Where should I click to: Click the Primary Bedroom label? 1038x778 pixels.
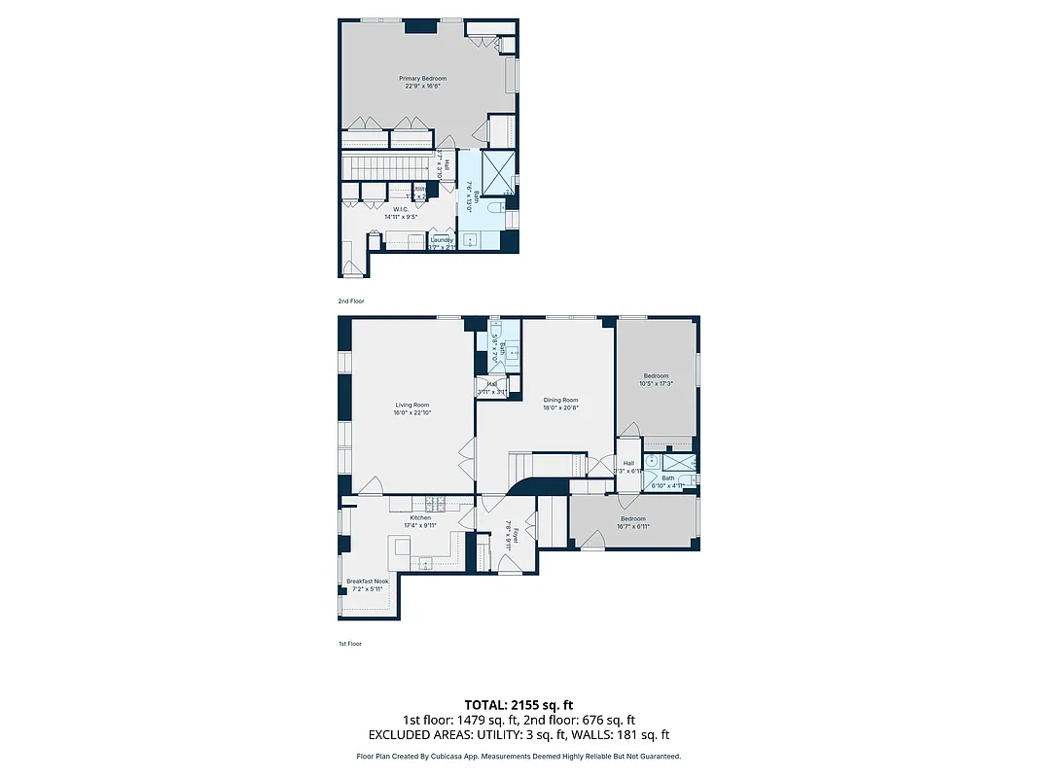click(x=423, y=78)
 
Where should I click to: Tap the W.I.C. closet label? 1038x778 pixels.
click(x=401, y=208)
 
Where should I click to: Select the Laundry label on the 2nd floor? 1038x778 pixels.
click(x=443, y=239)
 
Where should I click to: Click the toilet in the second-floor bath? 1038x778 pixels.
click(x=492, y=206)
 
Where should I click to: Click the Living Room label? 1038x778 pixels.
click(x=412, y=405)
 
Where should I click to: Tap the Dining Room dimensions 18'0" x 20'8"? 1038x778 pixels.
click(x=560, y=407)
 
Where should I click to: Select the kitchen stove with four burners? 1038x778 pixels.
click(x=435, y=504)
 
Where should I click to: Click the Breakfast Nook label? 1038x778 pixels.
click(x=367, y=582)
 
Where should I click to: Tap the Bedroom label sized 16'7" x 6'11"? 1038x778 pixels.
click(x=632, y=522)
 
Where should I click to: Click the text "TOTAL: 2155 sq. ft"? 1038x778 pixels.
click(x=519, y=704)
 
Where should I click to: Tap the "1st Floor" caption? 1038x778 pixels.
click(x=349, y=644)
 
